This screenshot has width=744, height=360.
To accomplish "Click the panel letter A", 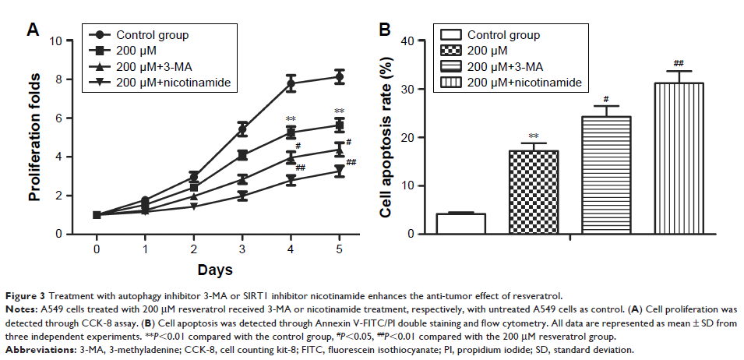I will (x=33, y=30).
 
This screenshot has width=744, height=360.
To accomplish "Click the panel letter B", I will (x=384, y=30).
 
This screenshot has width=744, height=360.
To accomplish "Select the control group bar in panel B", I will (x=460, y=224).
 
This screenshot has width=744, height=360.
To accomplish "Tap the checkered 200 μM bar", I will (x=534, y=192).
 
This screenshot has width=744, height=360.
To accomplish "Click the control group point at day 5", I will (x=339, y=76).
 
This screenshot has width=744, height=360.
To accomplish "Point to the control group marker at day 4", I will (x=291, y=83).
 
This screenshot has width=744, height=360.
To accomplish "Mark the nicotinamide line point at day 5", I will (x=339, y=170).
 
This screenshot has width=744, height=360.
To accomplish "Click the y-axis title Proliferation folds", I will (x=35, y=136).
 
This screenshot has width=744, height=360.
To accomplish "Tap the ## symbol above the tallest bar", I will (x=679, y=63).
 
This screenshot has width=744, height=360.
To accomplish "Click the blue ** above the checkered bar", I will (x=534, y=135).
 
